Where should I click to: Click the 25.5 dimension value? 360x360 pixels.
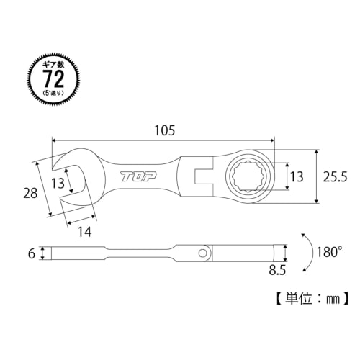click(336, 176)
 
